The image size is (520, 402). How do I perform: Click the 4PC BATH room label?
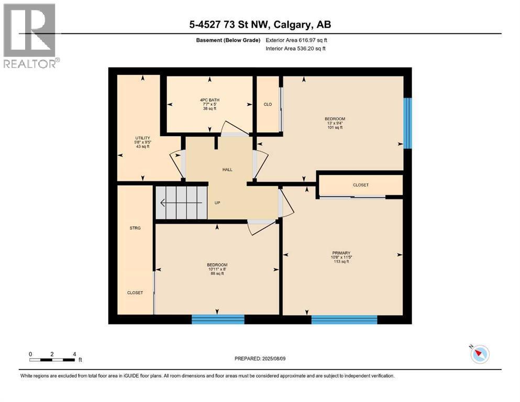(209, 100)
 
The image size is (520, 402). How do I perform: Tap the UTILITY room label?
(142, 138)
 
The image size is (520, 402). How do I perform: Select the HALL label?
(227, 170)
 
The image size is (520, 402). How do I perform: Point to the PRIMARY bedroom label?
(341, 253)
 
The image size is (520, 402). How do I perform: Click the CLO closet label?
(268, 104)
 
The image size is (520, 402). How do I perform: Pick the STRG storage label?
(135, 228)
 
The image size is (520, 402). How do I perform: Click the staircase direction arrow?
(181, 203)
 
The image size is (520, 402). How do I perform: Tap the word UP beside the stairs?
(217, 203)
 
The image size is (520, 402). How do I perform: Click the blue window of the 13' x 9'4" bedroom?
(407, 124)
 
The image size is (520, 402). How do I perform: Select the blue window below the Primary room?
(344, 319)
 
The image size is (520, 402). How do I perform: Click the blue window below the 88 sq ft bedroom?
(218, 319)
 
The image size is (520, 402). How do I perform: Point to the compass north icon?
(480, 354)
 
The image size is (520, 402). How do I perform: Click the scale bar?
(52, 360)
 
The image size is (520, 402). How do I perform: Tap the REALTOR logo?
(30, 36)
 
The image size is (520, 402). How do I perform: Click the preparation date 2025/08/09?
(273, 359)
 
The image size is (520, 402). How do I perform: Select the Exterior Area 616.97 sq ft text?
(296, 40)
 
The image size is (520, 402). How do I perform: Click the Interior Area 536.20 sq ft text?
(295, 48)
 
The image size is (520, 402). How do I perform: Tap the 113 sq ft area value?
(341, 262)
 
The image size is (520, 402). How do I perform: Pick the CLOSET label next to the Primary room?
(360, 185)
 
